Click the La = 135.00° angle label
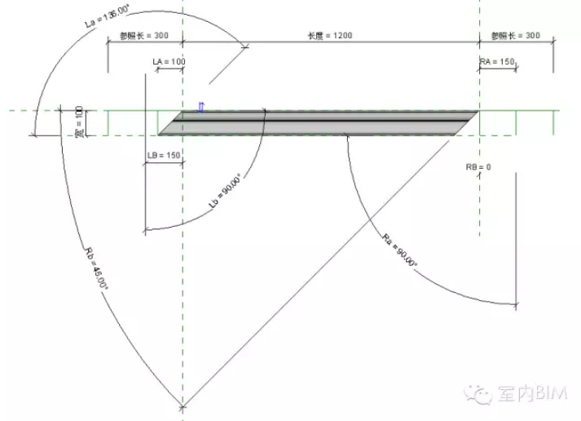pyautogui.click(x=107, y=16)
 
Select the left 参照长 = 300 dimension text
pyautogui.click(x=143, y=35)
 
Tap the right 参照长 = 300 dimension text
pyautogui.click(x=516, y=35)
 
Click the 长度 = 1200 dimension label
pyautogui.click(x=330, y=35)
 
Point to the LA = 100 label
pyautogui.click(x=169, y=61)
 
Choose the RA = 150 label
pyautogui.click(x=497, y=61)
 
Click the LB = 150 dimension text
pyautogui.click(x=164, y=155)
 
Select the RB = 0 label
pyautogui.click(x=478, y=167)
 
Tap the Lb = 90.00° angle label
pyautogui.click(x=225, y=191)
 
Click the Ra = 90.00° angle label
pyautogui.click(x=399, y=250)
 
